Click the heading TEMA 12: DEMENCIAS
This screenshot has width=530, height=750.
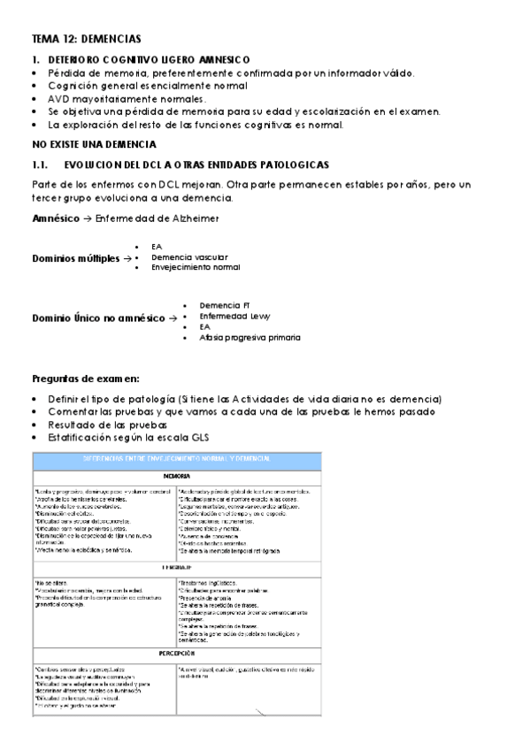click(86, 40)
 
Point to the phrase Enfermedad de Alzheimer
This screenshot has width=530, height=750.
click(159, 218)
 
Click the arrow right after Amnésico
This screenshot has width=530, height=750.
click(87, 218)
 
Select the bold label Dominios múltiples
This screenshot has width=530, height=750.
click(76, 258)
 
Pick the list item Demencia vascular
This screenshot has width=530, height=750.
click(183, 256)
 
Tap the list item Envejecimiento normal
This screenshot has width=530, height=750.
click(196, 267)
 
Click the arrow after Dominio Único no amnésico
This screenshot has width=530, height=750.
click(173, 318)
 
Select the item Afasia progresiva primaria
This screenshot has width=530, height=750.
click(250, 337)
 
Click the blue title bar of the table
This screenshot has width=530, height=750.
click(177, 459)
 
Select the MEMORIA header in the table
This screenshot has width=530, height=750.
click(177, 477)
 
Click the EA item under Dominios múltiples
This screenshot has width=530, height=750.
click(157, 246)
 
